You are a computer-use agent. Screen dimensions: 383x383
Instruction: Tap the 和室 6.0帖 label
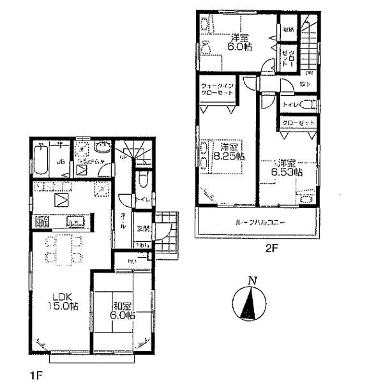tap(121, 310)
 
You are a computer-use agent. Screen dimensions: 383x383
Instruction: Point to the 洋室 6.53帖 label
tap(289, 167)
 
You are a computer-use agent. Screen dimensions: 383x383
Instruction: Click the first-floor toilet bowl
tap(143, 179)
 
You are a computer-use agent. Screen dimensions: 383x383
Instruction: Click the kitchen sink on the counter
tap(73, 223)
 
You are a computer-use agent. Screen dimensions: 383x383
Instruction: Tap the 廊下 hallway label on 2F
tap(307, 84)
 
